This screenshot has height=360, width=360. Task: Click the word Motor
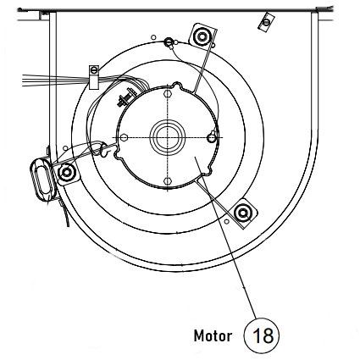tap(212, 334)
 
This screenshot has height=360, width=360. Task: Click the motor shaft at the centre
tap(164, 136)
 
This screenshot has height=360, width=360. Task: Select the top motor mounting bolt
tap(202, 37)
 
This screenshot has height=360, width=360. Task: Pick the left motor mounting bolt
tap(67, 173)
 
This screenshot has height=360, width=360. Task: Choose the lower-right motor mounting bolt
tap(242, 211)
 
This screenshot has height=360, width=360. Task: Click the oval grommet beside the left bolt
tap(42, 179)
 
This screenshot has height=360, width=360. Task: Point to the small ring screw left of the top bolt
tap(169, 42)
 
